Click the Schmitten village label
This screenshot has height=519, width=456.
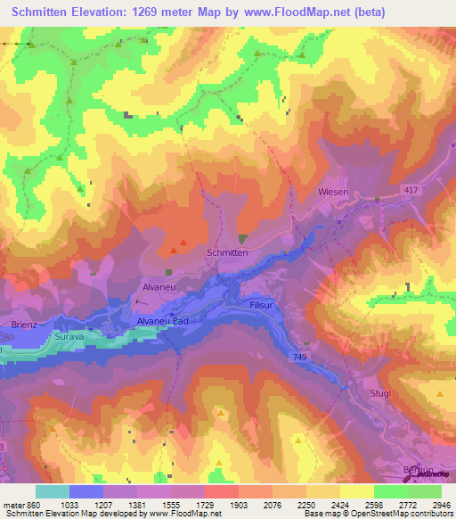pyautogui.click(x=226, y=253)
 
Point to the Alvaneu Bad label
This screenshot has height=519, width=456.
pyautogui.click(x=163, y=321)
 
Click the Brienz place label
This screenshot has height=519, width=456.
pyautogui.click(x=24, y=325)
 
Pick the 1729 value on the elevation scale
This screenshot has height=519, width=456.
pyautogui.click(x=205, y=506)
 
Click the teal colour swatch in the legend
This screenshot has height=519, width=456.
pyautogui.click(x=53, y=491)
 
